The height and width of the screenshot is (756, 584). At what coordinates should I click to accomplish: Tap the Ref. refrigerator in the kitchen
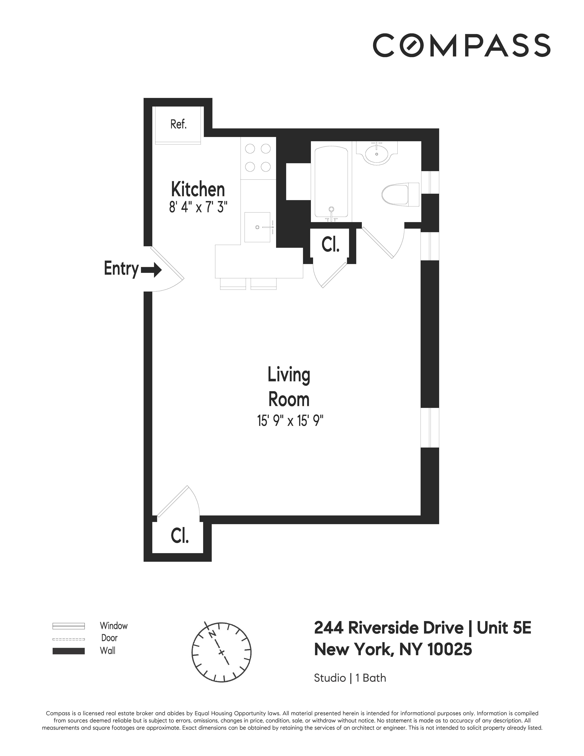pos(178,125)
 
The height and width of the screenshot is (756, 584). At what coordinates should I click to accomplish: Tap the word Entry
pos(121,269)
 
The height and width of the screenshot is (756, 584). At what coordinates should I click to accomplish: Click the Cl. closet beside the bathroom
pos(330,245)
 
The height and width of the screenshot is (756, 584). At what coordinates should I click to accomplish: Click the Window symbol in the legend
pos(68,626)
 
